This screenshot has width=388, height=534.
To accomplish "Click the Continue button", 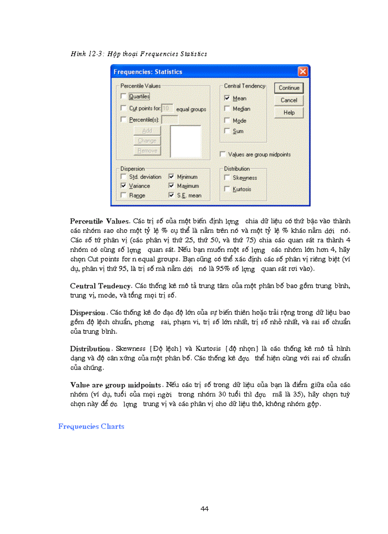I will click(x=289, y=88).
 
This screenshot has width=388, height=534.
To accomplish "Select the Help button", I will click(x=289, y=113).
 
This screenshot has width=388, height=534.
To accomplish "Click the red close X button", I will click(x=302, y=72).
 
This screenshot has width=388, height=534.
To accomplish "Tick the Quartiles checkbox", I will click(x=124, y=97).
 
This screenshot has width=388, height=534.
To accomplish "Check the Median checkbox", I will click(x=227, y=109).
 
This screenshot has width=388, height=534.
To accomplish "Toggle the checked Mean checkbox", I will click(x=227, y=98).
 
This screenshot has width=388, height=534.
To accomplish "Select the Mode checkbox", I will click(x=227, y=120).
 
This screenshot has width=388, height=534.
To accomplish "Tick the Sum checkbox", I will click(x=227, y=131).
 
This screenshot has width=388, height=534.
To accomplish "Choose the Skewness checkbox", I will click(x=227, y=178).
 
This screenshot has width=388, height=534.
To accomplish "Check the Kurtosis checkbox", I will click(x=227, y=189).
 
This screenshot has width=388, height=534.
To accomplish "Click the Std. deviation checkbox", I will click(x=124, y=177).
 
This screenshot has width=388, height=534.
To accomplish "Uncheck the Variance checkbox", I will click(x=124, y=186).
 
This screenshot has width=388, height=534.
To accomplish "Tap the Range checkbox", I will click(x=124, y=195).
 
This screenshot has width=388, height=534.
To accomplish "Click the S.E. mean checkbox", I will click(x=172, y=195).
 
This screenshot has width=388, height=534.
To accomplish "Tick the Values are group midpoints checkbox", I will click(x=223, y=155).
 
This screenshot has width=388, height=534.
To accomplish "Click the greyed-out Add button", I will click(x=147, y=130).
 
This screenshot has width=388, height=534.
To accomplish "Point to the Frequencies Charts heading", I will click(x=91, y=427).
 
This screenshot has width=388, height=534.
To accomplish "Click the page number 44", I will click(x=205, y=509).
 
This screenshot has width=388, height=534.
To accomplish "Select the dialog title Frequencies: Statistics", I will click(x=148, y=72).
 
